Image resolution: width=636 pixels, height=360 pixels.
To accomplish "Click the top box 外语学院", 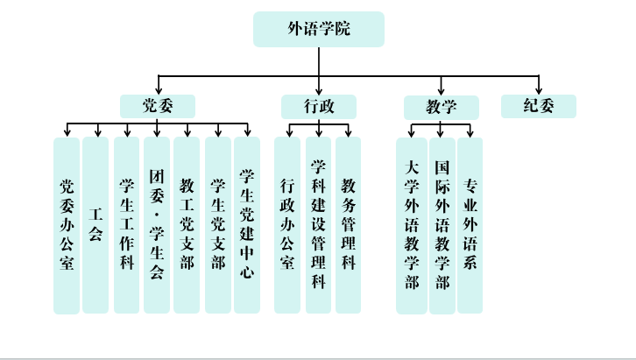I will pyautogui.click(x=319, y=29).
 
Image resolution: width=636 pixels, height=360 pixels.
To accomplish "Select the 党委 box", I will pyautogui.click(x=158, y=107).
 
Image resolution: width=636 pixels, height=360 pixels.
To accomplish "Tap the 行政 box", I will pyautogui.click(x=319, y=107).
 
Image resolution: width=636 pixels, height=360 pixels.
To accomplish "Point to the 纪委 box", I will pyautogui.click(x=539, y=107).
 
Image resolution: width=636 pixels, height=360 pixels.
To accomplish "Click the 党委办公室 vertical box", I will pyautogui.click(x=67, y=225).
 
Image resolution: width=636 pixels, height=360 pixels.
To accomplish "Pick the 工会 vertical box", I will pyautogui.click(x=95, y=225).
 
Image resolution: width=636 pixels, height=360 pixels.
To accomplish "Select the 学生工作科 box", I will pyautogui.click(x=127, y=225).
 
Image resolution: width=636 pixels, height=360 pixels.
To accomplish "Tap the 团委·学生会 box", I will pyautogui.click(x=157, y=225).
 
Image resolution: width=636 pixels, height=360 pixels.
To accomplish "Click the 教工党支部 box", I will pyautogui.click(x=187, y=225).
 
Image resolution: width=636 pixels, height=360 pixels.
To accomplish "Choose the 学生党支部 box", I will pyautogui.click(x=218, y=225).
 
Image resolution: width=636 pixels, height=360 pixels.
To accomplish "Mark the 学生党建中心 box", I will pyautogui.click(x=247, y=225).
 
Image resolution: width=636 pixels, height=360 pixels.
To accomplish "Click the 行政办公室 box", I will pyautogui.click(x=287, y=225).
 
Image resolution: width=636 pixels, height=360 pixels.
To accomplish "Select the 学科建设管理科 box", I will pyautogui.click(x=319, y=225).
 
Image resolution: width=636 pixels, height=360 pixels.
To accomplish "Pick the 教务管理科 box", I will pyautogui.click(x=348, y=225).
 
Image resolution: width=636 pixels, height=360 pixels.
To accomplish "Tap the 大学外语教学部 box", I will pyautogui.click(x=412, y=225).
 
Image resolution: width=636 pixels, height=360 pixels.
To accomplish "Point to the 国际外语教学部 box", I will pyautogui.click(x=442, y=225).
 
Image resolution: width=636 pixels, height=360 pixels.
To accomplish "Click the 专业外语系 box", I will pyautogui.click(x=470, y=225).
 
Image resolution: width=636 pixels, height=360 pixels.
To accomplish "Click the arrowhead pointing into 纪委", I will pyautogui.click(x=539, y=91).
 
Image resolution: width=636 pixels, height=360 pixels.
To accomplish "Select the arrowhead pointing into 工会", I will pyautogui.click(x=95, y=133).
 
